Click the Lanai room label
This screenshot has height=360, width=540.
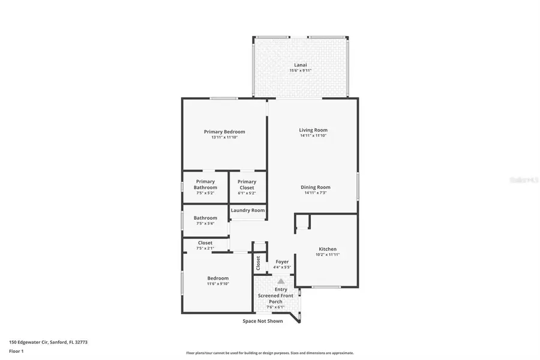pyautogui.click(x=301, y=64)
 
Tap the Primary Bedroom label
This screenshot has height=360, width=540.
pyautogui.click(x=224, y=132)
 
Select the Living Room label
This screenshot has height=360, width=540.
pyautogui.click(x=313, y=130)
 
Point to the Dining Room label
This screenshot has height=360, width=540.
pyautogui.click(x=316, y=187)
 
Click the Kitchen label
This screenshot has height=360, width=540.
pyautogui.click(x=328, y=249)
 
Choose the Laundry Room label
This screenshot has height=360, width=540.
pyautogui.click(x=248, y=211)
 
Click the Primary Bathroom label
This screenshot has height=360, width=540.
pyautogui.click(x=205, y=184)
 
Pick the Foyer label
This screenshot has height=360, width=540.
pyautogui.click(x=282, y=262)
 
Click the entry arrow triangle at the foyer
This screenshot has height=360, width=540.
pyautogui.click(x=281, y=280)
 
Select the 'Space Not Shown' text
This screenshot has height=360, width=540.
pyautogui.click(x=263, y=321)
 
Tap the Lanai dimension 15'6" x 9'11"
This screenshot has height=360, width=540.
pyautogui.click(x=301, y=71)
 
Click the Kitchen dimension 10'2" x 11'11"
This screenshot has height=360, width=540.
pyautogui.click(x=328, y=255)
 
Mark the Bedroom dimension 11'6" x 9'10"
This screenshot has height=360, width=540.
pyautogui.click(x=218, y=284)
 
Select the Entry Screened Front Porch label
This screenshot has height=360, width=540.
pyautogui.click(x=275, y=296)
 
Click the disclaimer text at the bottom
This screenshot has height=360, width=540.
pyautogui.click(x=270, y=353)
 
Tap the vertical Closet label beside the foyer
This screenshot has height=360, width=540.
pyautogui.click(x=259, y=262)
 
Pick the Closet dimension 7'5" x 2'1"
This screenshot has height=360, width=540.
pyautogui.click(x=205, y=248)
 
